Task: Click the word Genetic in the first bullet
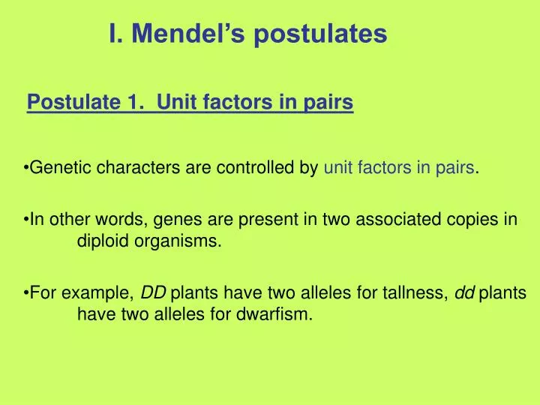(55, 168)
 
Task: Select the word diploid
(102, 242)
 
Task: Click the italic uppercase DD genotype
(154, 292)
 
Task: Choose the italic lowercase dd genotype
(465, 292)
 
